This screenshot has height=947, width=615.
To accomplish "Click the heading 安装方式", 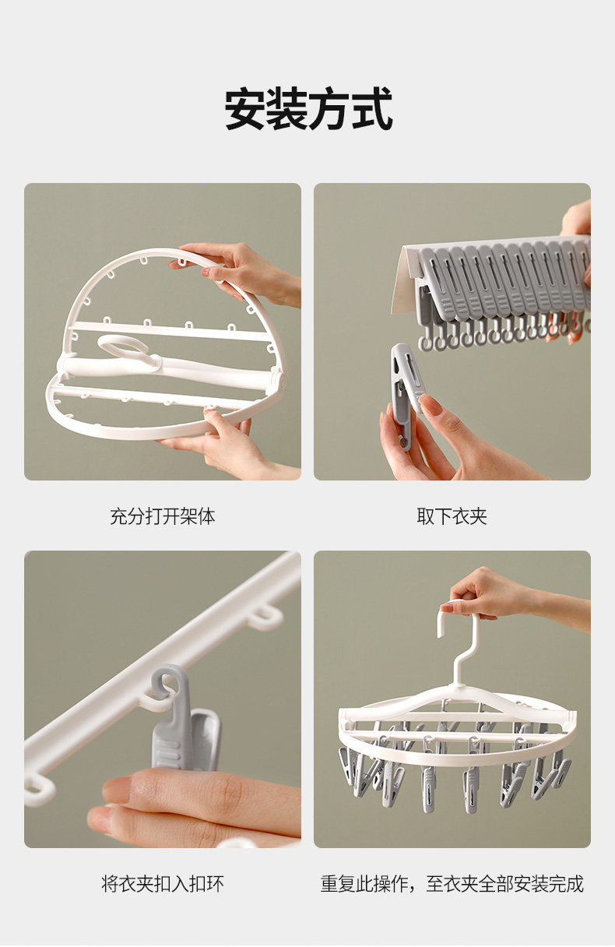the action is pyautogui.click(x=308, y=109).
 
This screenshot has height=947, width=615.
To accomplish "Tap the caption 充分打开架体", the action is pyautogui.click(x=162, y=516).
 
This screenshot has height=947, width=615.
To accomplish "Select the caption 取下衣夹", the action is pyautogui.click(x=452, y=516).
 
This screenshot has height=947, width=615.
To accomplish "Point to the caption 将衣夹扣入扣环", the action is pyautogui.click(x=162, y=884).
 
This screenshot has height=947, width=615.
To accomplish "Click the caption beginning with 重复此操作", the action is pyautogui.click(x=452, y=884).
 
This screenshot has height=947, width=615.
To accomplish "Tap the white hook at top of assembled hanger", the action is pyautogui.click(x=459, y=647).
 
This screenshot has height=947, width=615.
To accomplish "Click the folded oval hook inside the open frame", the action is pyautogui.click(x=127, y=351).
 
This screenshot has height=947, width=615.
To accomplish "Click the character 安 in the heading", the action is pyautogui.click(x=244, y=109).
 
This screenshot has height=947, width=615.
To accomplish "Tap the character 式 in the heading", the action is pyautogui.click(x=372, y=109).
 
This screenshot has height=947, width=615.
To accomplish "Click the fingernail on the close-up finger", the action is pyautogui.click(x=116, y=786).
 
